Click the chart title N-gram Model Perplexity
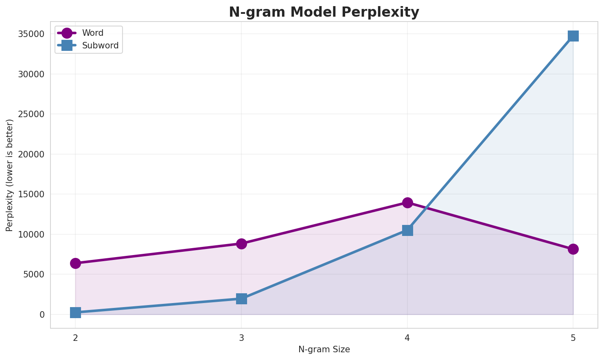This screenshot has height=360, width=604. coord(324,12)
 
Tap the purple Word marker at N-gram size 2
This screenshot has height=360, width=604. coord(75,263)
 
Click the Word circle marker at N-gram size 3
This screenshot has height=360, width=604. coord(241,244)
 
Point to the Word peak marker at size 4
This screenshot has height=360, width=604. coord(407,203)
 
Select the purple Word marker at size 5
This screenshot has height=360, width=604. coord(573,249)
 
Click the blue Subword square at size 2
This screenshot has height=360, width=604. coord(75,312)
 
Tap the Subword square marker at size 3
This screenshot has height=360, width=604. coord(241,299)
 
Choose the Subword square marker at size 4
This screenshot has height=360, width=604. coord(407,230)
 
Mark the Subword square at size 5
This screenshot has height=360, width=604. coord(573,36)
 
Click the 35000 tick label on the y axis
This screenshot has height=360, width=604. coord(31,34)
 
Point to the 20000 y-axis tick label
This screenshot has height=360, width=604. coord(31,155)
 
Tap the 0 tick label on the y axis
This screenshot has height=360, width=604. coord(42,315)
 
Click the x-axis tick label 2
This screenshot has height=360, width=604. coord(75,338)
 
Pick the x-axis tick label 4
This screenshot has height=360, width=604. coord(407,338)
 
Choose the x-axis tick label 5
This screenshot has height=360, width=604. coord(573,338)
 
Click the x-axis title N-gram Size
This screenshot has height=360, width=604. coord(324,349)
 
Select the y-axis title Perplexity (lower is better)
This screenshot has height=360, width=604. coord(10,175)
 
